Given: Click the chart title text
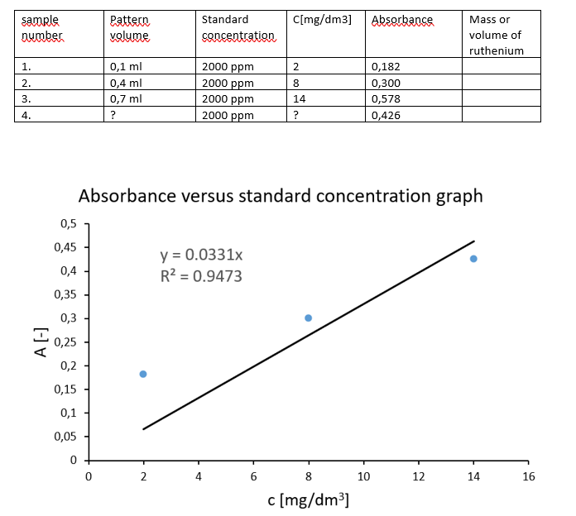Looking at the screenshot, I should [x=280, y=196].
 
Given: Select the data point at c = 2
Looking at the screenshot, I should [x=143, y=374].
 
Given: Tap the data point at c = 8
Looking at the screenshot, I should [x=309, y=318].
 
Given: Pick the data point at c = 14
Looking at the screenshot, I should [x=473, y=259].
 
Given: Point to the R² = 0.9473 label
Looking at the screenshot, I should [x=201, y=276].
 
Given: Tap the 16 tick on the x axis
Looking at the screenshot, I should [x=529, y=476].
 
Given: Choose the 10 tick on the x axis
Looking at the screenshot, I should [x=363, y=476].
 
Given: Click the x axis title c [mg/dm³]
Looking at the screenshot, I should [x=308, y=499].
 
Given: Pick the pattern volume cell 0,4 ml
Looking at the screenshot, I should [x=126, y=83].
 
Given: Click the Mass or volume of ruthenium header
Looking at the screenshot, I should [x=496, y=35].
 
